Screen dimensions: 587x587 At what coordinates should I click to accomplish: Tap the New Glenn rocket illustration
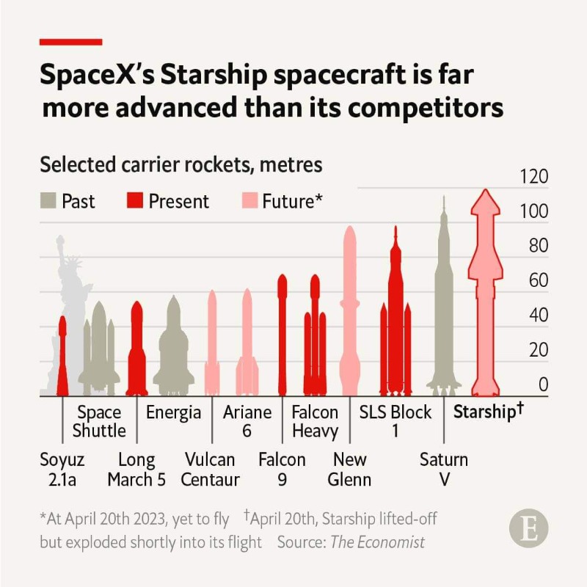click(350, 308)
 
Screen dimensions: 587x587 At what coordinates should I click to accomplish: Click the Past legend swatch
click(48, 201)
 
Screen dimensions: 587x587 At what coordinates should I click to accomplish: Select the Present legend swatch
click(136, 201)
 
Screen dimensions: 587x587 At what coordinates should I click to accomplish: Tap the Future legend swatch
click(249, 201)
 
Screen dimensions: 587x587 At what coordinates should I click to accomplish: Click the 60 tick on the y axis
click(539, 280)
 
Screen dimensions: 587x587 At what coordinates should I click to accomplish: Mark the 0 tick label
click(544, 384)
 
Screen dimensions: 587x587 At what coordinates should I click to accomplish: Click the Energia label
click(173, 412)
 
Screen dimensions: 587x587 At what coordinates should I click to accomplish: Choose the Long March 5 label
click(136, 470)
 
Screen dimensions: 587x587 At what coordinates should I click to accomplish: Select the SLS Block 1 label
click(395, 421)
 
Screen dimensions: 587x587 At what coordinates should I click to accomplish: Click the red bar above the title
click(70, 42)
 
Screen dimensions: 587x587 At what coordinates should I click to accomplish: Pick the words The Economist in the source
click(377, 543)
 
